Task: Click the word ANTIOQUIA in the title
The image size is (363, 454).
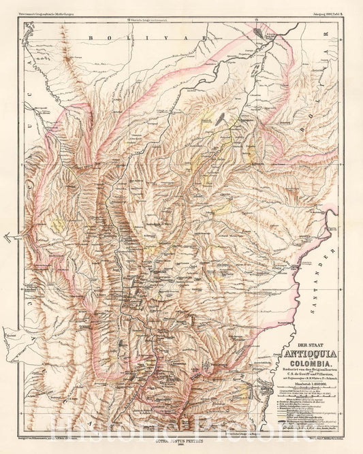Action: coord(303,352)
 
